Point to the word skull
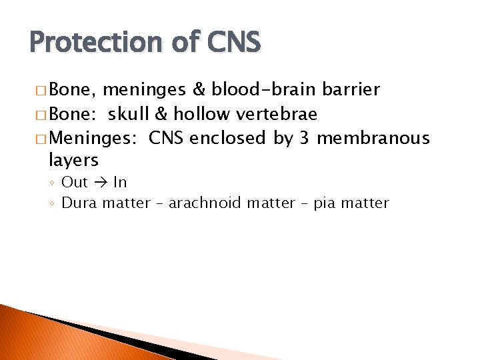point(129,114)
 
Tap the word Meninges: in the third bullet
point(93,138)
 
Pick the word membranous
point(373,138)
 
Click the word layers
point(73,161)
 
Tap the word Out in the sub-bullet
point(75,183)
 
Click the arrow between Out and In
point(101,183)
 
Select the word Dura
point(79,203)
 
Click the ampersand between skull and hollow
point(160,114)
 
